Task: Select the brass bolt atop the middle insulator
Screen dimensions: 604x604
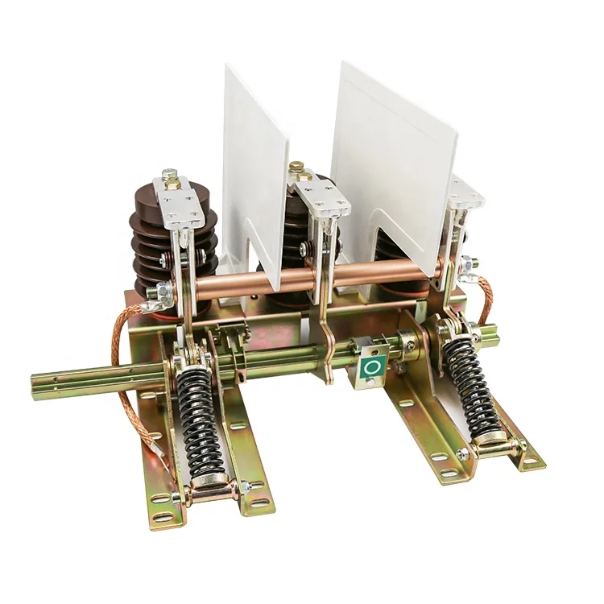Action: (296, 168)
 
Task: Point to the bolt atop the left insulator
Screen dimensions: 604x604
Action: (170, 174)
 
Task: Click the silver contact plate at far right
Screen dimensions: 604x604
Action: (465, 193)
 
